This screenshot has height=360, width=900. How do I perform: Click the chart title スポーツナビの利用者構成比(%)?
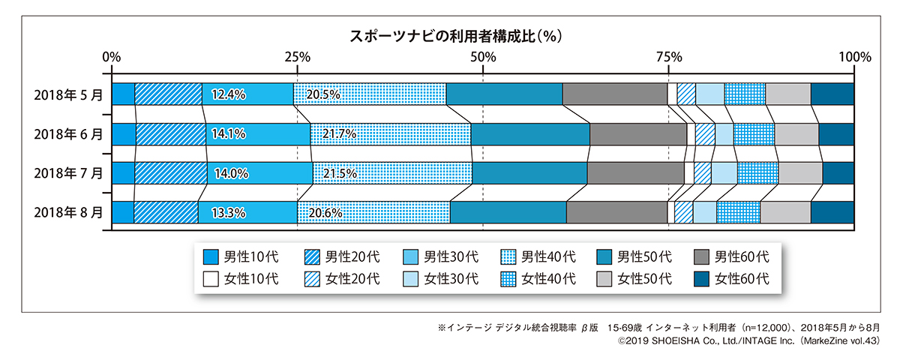pyautogui.click(x=457, y=35)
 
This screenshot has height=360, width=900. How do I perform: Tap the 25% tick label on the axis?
pyautogui.click(x=298, y=56)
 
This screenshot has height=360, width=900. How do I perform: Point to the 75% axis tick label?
pyautogui.click(x=669, y=56)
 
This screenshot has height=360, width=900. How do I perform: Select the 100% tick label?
pyautogui.click(x=853, y=56)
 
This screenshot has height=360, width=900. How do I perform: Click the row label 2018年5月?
pyautogui.click(x=68, y=94)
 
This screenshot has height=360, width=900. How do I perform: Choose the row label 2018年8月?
pyautogui.click(x=68, y=212)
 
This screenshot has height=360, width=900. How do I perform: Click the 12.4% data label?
pyautogui.click(x=229, y=94)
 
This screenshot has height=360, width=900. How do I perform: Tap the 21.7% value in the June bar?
pyautogui.click(x=339, y=134)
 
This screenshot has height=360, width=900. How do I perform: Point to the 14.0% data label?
pyautogui.click(x=231, y=173)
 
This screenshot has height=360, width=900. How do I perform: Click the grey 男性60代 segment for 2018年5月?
pyautogui.click(x=614, y=94)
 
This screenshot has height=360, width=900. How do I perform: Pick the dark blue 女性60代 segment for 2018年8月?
pyautogui.click(x=832, y=212)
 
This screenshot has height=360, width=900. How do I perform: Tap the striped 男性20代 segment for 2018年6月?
pyautogui.click(x=170, y=134)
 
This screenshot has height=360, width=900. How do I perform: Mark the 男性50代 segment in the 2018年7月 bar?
pyautogui.click(x=529, y=173)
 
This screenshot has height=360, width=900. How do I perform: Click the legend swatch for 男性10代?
pyautogui.click(x=211, y=257)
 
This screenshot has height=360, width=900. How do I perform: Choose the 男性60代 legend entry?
pyautogui.click(x=742, y=257)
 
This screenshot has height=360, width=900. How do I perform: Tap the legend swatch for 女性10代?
pyautogui.click(x=211, y=279)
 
